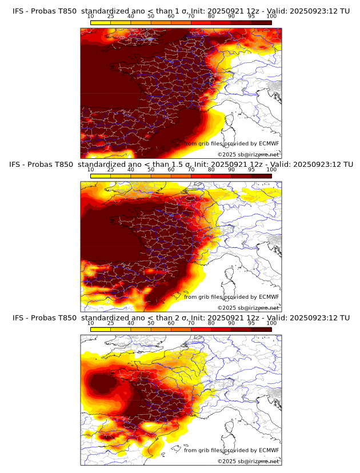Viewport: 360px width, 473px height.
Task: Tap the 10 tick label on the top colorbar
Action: click(90, 17)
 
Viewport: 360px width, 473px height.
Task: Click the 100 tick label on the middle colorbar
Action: click(271, 170)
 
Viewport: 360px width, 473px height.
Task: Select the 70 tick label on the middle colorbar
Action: click(191, 170)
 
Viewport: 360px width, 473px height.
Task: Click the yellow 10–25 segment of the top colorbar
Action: click(101, 22)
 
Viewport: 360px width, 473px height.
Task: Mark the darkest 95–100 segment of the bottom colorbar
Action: click(262, 330)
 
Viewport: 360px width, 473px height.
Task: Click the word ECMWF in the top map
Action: click(269, 143)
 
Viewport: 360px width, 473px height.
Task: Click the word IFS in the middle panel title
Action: click(17, 164)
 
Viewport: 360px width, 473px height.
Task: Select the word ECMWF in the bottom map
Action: click(269, 450)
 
